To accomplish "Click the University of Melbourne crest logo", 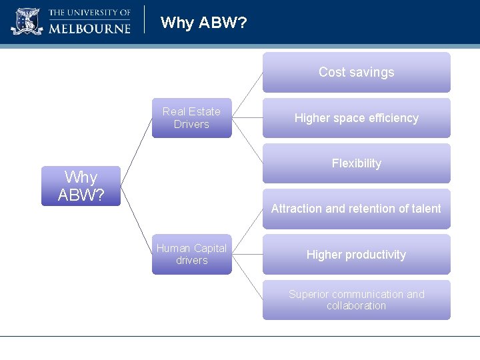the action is point(27,21).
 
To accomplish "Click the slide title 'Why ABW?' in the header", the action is point(204,23).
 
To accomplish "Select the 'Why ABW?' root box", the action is point(81,186).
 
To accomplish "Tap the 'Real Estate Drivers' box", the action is point(191,118).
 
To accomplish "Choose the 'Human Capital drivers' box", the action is point(191,254).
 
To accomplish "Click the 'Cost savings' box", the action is point(356,72).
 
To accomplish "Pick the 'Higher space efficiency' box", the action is point(356,118).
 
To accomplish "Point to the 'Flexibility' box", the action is point(356,163).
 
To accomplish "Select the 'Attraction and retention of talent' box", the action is point(356,209).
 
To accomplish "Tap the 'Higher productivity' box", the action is point(356,255).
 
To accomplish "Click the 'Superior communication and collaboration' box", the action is point(356,300).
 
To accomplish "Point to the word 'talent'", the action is point(427,209).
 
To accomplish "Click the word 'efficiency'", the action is point(394,118).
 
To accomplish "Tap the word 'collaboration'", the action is point(356,306).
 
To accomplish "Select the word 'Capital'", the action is point(209,248).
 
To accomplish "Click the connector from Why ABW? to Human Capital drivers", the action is point(136,220).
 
